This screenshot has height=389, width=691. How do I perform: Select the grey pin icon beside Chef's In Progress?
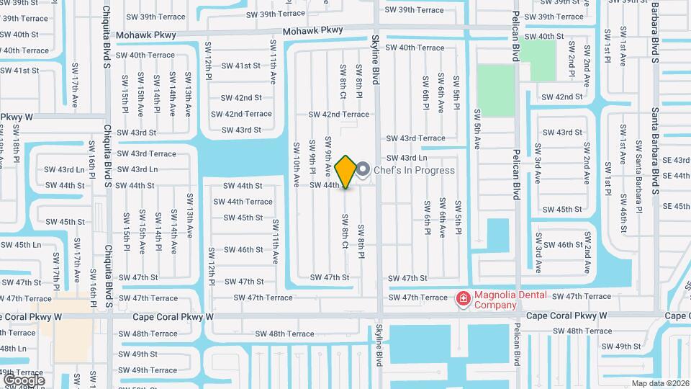point(363,170)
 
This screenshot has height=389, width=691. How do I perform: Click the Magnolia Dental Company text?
point(510,300)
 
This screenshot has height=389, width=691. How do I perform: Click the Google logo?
point(24,380)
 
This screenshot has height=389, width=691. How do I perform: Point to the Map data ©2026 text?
point(660,383)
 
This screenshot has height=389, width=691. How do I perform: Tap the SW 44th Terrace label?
point(249,202)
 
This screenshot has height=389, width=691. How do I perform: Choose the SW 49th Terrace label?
point(148,370)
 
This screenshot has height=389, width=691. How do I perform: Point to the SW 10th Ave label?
point(296,164)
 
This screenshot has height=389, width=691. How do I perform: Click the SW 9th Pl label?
point(312,156)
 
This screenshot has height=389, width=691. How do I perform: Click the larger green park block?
point(495,91)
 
